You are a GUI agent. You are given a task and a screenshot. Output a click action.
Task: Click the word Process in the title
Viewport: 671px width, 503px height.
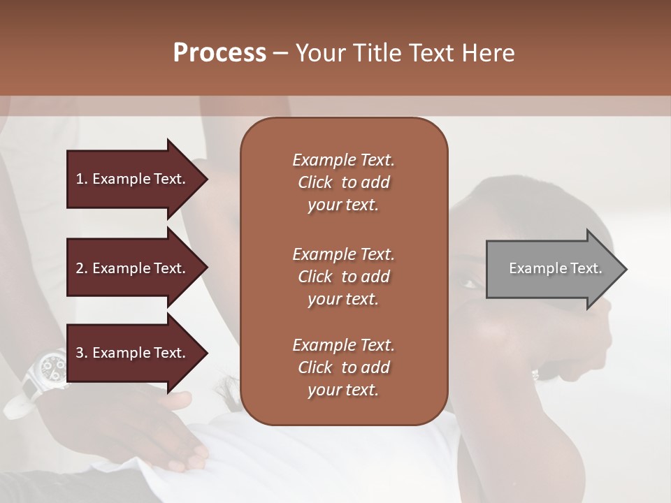(219, 53)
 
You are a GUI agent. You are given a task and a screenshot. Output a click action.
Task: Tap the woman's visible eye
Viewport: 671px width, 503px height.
(470, 284)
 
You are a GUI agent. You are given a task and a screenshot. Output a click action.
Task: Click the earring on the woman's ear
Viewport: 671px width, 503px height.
(536, 375)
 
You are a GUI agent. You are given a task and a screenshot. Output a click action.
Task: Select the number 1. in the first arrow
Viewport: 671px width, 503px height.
(82, 179)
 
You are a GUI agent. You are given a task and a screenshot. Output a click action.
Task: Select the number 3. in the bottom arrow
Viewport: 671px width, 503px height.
(82, 353)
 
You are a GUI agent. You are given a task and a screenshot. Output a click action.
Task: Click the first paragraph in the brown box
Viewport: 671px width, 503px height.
(343, 182)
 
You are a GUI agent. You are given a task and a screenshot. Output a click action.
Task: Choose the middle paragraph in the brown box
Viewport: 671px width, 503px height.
(343, 277)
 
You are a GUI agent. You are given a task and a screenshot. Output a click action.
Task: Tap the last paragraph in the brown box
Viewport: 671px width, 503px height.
(343, 367)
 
